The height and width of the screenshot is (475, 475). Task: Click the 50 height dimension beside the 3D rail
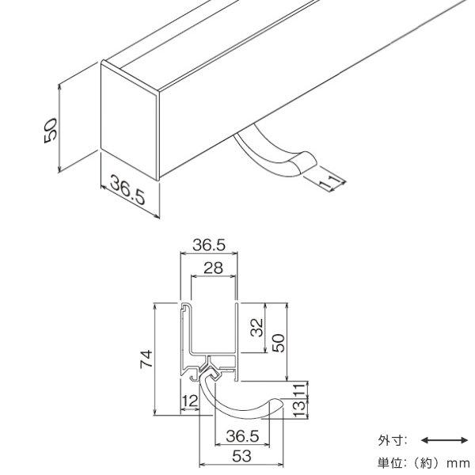[x=51, y=131]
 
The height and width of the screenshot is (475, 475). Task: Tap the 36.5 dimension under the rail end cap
[x=127, y=190]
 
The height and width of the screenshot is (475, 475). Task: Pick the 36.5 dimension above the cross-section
[x=209, y=245]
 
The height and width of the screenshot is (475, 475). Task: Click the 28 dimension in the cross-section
[x=213, y=268]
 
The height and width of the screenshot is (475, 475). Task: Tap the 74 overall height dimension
[x=146, y=359]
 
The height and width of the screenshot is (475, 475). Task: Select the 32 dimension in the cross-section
[x=257, y=327]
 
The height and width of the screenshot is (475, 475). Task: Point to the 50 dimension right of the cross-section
[x=279, y=343]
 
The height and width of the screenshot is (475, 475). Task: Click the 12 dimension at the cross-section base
[x=190, y=401]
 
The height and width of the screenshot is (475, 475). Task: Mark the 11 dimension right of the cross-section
[x=299, y=389]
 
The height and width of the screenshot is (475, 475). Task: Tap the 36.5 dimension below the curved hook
[x=242, y=436]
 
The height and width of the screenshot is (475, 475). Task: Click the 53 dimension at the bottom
[x=241, y=456]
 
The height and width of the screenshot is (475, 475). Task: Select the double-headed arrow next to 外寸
[x=445, y=440]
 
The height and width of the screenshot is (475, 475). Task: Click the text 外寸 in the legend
[x=390, y=440]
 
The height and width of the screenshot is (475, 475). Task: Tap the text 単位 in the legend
[x=390, y=463]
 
